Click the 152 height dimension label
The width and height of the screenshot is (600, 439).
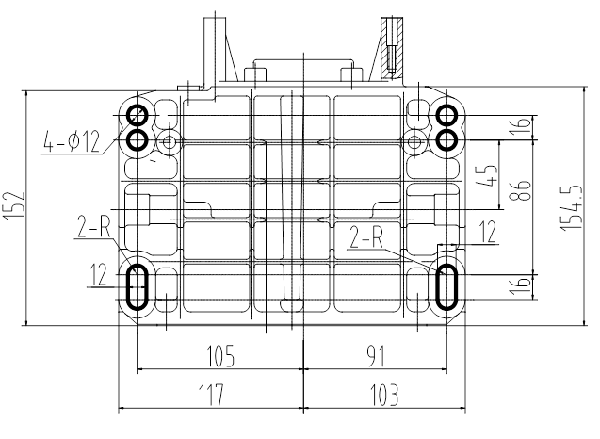click(x=14, y=206)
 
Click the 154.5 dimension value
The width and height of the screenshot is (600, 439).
click(x=572, y=207)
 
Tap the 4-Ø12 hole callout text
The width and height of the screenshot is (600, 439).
click(x=72, y=141)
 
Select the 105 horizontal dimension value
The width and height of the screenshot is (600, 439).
click(x=220, y=355)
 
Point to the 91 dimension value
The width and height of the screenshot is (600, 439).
click(x=376, y=355)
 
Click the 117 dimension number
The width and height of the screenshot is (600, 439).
click(x=211, y=395)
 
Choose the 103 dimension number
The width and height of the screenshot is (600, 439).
click(x=384, y=395)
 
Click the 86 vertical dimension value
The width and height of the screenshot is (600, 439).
click(x=520, y=190)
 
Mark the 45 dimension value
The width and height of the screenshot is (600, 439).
click(x=486, y=175)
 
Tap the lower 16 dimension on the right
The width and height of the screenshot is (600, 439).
click(x=520, y=285)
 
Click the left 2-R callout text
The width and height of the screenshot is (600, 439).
click(x=94, y=227)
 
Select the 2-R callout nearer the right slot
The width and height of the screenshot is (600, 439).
click(x=366, y=236)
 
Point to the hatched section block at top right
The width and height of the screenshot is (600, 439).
click(x=392, y=48)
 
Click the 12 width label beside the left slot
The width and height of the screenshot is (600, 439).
click(x=98, y=274)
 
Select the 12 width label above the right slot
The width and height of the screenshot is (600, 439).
click(x=488, y=232)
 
